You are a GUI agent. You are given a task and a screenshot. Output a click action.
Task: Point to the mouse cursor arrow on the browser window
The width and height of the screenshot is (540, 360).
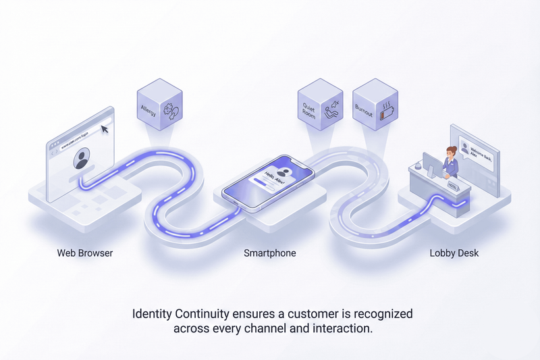pos(105,128)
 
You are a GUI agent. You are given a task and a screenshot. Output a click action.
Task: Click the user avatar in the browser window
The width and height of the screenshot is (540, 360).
pos(82,160)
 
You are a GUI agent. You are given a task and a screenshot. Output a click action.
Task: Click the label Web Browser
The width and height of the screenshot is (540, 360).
pos(84,253)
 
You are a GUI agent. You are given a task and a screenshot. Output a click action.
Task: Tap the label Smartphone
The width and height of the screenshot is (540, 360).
pos(269,253)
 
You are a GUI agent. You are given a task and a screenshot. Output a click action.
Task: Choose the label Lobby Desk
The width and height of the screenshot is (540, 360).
pos(455,253)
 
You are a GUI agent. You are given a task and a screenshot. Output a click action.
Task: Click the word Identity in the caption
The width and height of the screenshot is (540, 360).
pos(151,314)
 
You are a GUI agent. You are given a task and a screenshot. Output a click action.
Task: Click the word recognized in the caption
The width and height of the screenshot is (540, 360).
pos(384,314)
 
